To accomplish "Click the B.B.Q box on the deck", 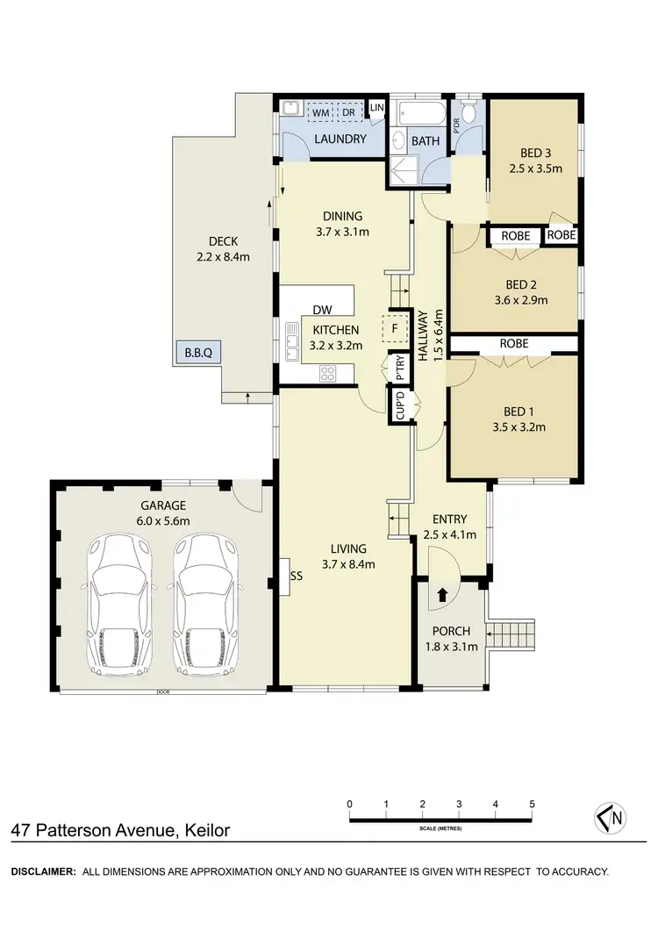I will tap(197, 353).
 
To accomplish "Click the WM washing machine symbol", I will tap(320, 112).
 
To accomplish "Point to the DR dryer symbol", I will tap(348, 112).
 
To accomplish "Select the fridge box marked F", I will tap(395, 329).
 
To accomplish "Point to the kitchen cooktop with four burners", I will tap(328, 372).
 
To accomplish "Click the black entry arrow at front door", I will tap(441, 594).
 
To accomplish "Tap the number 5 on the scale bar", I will tap(533, 804).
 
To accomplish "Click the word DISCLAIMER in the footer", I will tap(42, 871).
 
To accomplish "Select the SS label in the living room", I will tap(297, 577).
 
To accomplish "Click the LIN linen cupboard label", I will tap(377, 108).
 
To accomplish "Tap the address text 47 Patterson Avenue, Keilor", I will tap(121, 829).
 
